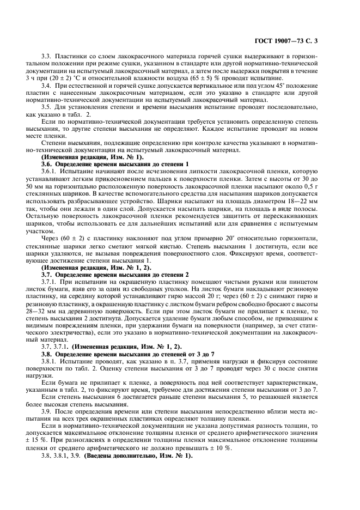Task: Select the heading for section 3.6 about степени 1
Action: click(114, 164)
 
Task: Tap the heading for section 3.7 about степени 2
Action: click(114, 275)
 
